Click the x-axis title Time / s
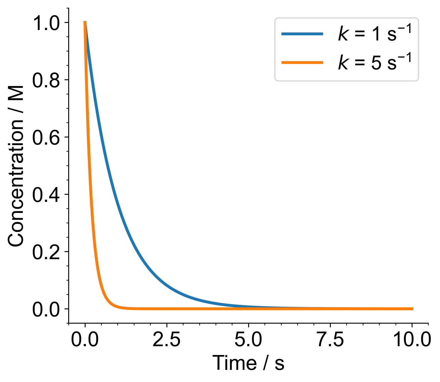[248, 363]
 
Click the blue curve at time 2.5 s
[167, 285]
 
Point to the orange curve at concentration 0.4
[91, 194]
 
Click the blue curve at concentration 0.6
[102, 137]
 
